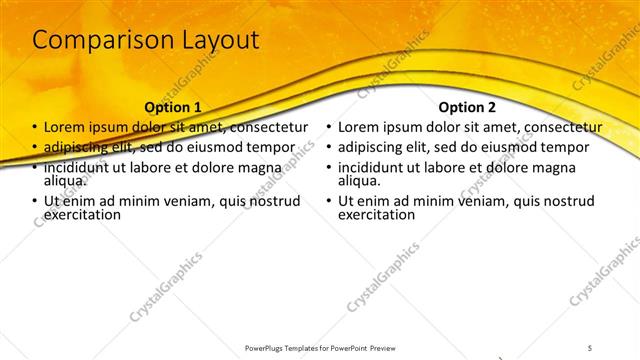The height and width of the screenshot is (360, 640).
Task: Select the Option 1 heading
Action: pos(173,107)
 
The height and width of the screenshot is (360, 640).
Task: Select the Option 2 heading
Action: pos(466,107)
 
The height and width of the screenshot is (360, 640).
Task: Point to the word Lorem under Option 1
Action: pos(64,128)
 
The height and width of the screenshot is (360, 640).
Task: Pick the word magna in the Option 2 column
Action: pos(558,167)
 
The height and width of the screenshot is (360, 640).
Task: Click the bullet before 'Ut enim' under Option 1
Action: pos(35,201)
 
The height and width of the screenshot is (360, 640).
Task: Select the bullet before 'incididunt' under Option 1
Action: pos(35,167)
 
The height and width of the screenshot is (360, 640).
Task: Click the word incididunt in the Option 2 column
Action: pos(375,167)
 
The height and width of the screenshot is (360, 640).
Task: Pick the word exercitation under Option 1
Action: pos(88,214)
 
